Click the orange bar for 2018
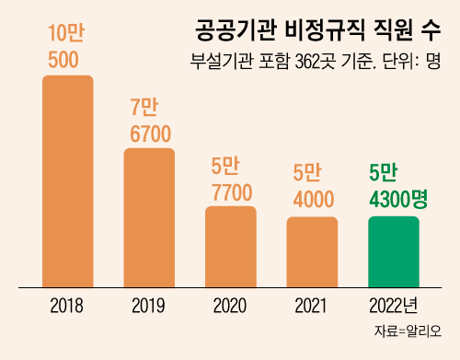[x=68, y=180]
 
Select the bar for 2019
[x=149, y=217]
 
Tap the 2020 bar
[x=230, y=247]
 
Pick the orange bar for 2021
[x=312, y=251]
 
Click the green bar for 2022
[x=393, y=251]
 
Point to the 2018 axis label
[x=68, y=305]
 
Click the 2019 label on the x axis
[x=149, y=305]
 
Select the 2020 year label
[x=230, y=305]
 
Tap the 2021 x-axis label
[x=312, y=305]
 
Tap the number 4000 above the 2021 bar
[x=312, y=198]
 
